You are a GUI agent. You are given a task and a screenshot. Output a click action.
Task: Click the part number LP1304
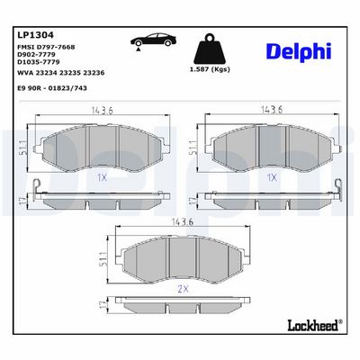point(36,35)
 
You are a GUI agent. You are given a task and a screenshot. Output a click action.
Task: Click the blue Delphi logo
point(299,52)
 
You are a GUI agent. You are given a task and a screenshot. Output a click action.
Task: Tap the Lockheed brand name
point(312,325)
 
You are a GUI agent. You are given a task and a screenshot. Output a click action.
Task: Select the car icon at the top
point(153,40)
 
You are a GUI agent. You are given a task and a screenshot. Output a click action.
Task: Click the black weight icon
point(210,49)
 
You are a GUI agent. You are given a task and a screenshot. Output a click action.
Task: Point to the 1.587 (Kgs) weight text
point(210,69)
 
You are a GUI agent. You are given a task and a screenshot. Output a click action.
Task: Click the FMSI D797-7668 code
point(47,47)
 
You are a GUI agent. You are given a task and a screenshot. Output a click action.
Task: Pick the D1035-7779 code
point(39,62)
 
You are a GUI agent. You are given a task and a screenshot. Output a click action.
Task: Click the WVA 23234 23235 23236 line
point(61,73)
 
